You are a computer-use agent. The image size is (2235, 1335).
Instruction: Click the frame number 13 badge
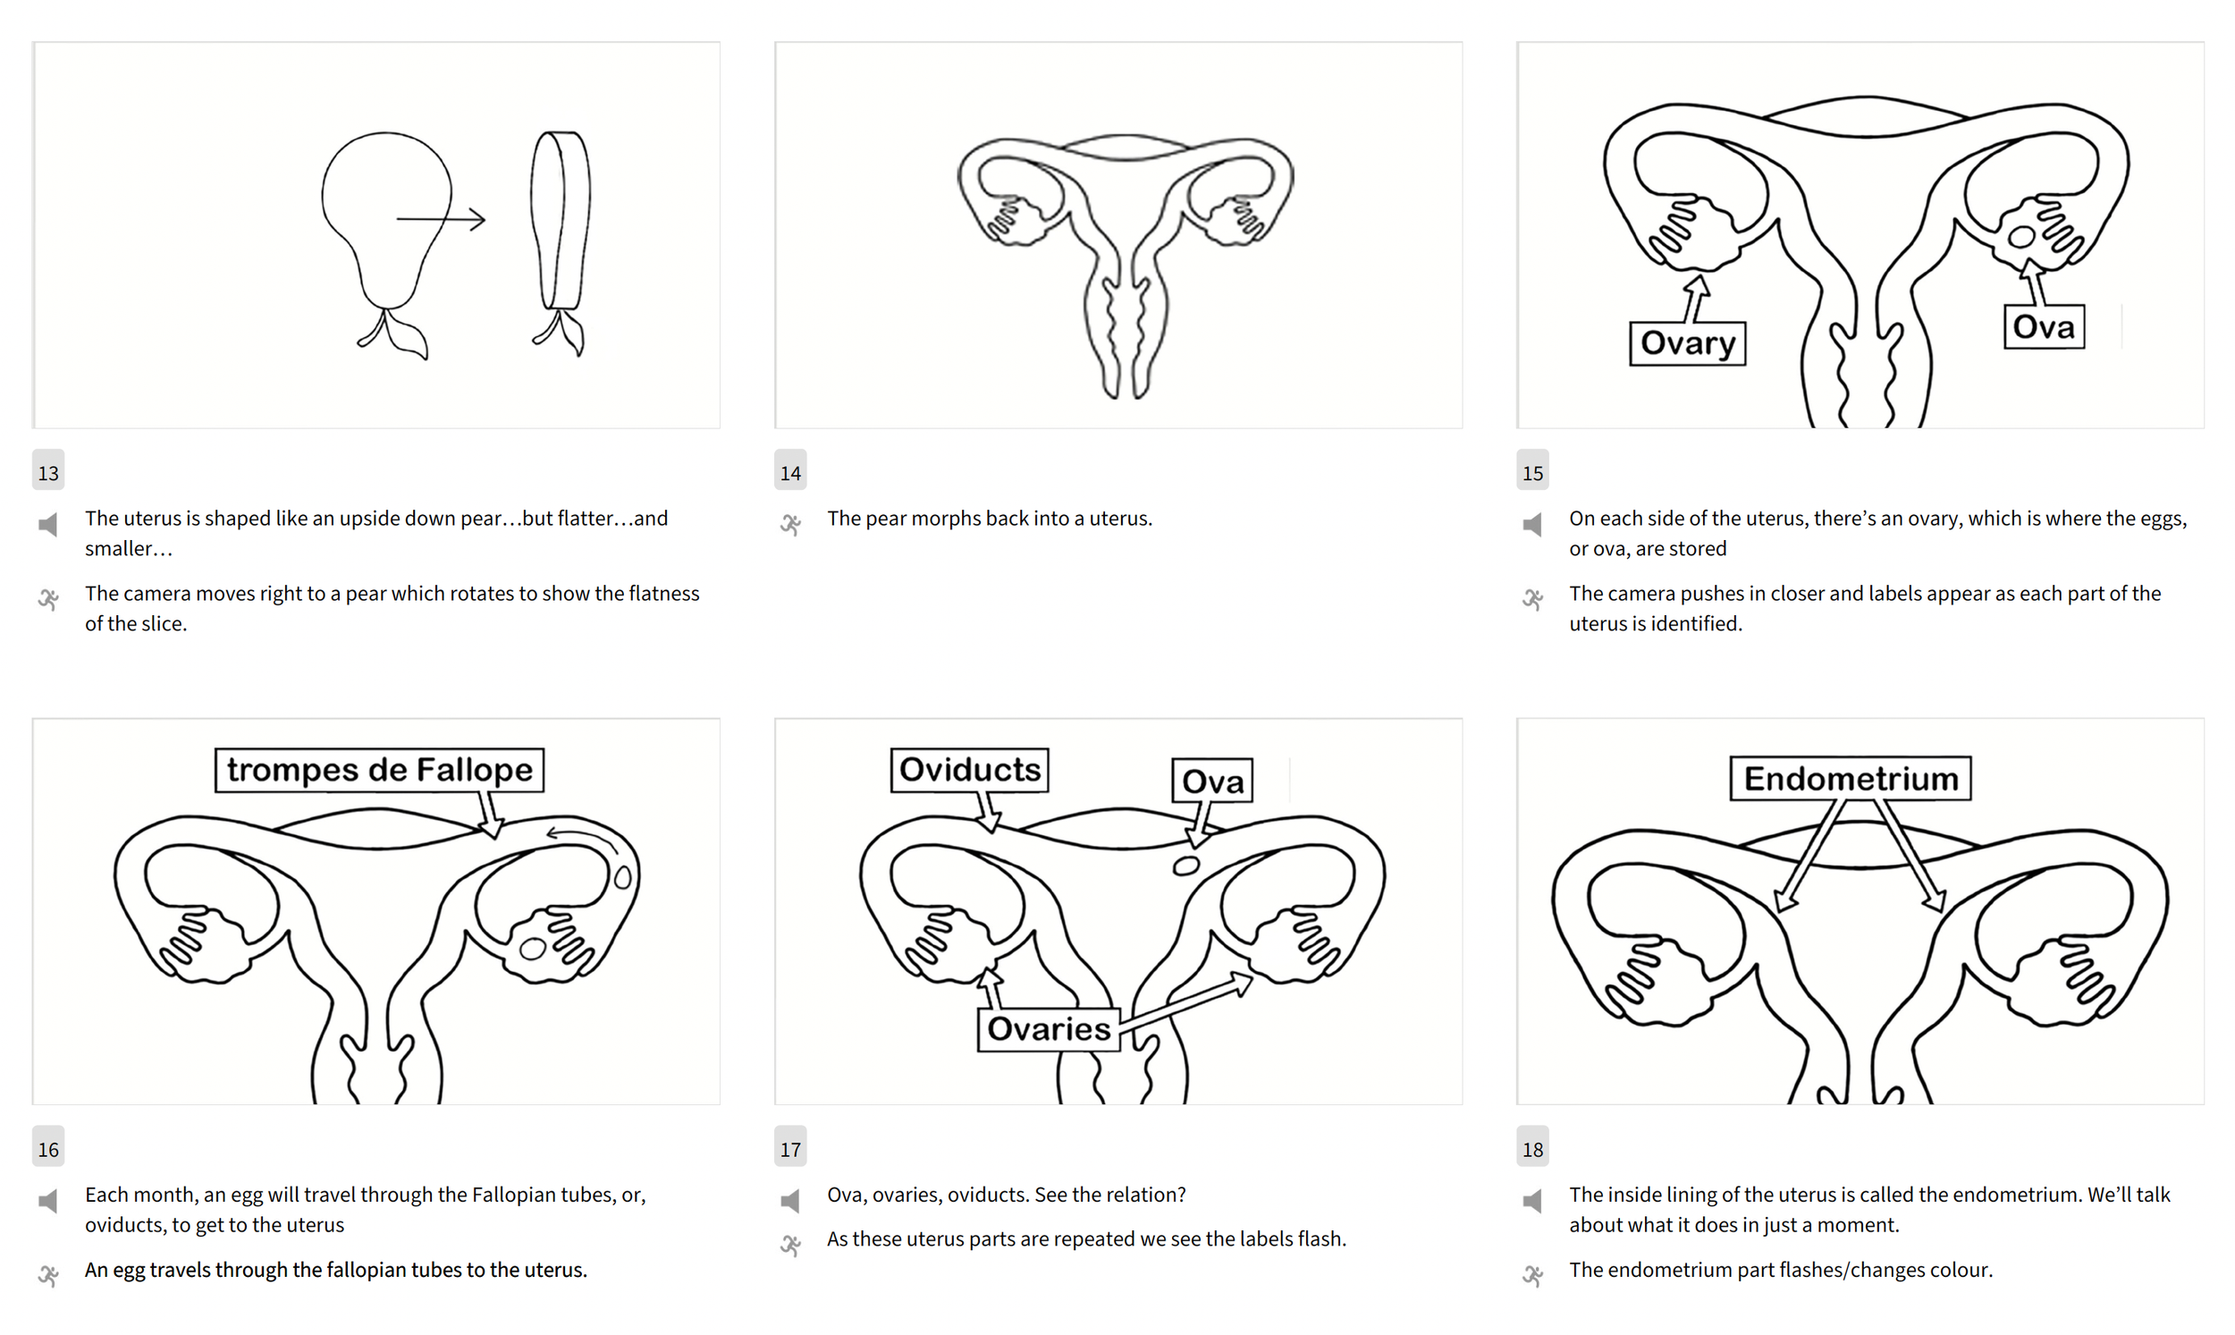[48, 470]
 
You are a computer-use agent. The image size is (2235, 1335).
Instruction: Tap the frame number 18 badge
[1532, 1147]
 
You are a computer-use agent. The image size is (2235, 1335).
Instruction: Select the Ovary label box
[1687, 342]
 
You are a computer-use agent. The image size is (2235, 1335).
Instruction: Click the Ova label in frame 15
[2044, 326]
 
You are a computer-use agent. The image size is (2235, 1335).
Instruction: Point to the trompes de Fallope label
[380, 770]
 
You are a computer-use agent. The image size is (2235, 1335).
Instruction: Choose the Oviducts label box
[970, 770]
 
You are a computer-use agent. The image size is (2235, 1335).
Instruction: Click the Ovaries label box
[1049, 1028]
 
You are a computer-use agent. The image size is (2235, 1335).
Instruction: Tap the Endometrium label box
[1851, 778]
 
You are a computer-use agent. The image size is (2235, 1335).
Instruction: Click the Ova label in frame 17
[1212, 780]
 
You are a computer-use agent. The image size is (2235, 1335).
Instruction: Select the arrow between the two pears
[441, 218]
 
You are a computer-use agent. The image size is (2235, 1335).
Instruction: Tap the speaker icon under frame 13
[48, 525]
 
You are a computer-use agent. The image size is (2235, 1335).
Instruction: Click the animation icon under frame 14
[790, 525]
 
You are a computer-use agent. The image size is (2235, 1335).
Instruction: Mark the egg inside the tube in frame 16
[622, 877]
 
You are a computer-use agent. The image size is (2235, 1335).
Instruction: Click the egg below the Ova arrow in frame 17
[1186, 866]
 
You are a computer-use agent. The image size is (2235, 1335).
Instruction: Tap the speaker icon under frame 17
[790, 1201]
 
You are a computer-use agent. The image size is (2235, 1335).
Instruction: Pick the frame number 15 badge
[1532, 470]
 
